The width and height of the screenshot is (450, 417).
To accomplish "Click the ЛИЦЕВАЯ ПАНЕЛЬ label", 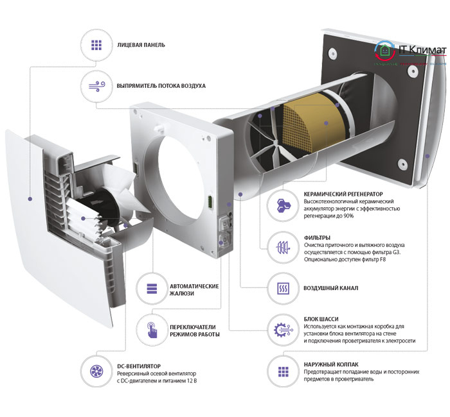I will [141, 45].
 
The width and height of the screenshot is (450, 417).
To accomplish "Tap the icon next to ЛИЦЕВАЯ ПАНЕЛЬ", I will [96, 45].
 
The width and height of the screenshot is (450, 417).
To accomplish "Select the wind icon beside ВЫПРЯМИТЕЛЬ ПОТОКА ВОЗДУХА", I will [96, 85].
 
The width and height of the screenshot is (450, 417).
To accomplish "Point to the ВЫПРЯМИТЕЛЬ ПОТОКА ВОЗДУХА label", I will [161, 85].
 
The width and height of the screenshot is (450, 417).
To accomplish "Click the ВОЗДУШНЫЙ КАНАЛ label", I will [330, 287].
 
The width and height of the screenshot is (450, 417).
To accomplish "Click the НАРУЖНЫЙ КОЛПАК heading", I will [332, 364].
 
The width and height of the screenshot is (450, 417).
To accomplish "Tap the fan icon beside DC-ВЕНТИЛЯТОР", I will [96, 371].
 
